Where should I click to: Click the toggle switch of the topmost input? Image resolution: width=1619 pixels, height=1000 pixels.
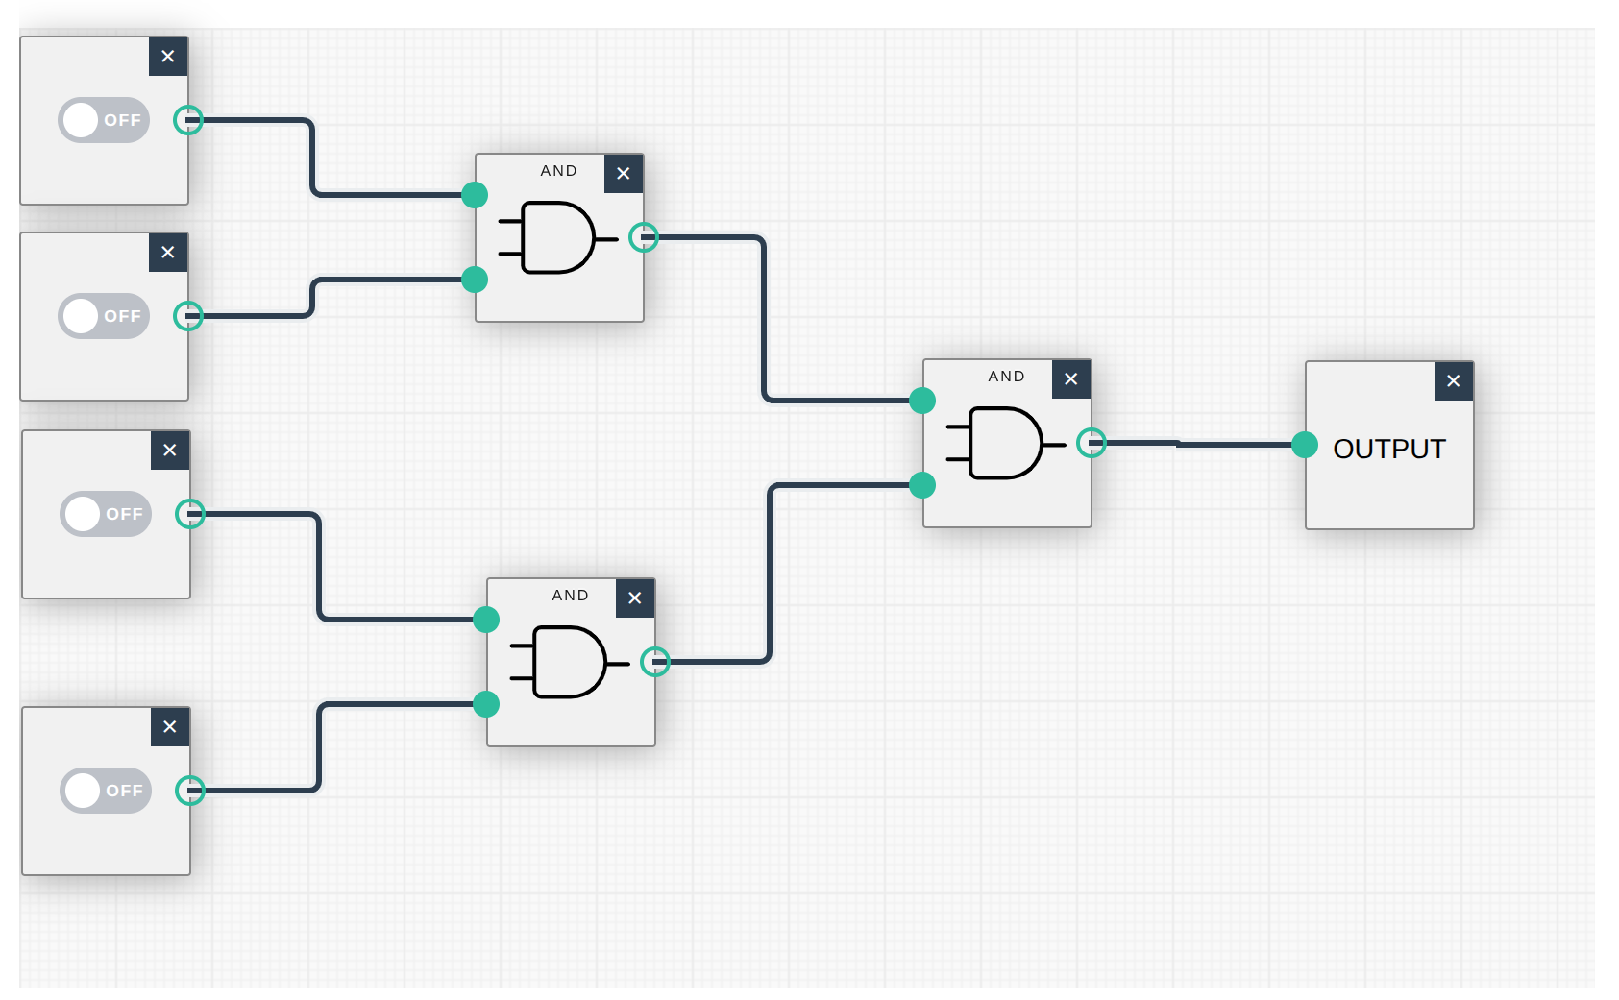[x=104, y=120]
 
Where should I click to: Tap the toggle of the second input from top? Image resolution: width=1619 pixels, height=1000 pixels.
[x=104, y=316]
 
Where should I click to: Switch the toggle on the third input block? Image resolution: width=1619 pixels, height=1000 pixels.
[x=106, y=514]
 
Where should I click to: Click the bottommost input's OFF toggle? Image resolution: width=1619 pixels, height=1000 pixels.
[x=106, y=791]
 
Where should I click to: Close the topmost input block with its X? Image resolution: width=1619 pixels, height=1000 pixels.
[x=168, y=57]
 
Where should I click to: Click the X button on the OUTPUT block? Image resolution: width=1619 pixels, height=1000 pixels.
[x=1454, y=381]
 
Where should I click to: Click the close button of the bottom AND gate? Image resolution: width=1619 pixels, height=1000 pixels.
[x=635, y=598]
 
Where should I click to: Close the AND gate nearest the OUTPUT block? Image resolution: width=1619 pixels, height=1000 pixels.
[x=1071, y=379]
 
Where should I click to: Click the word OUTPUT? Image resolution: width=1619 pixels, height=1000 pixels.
[x=1389, y=449]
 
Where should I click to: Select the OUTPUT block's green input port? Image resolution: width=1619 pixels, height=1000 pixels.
[x=1305, y=445]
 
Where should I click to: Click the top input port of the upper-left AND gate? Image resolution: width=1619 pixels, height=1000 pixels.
[x=475, y=195]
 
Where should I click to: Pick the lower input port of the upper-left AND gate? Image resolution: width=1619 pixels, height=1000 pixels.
[x=475, y=280]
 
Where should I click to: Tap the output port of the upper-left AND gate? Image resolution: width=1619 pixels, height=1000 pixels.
[x=644, y=237]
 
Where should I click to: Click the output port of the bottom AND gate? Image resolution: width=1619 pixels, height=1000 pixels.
[x=655, y=662]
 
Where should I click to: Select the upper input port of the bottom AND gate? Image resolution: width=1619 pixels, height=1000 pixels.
[x=486, y=620]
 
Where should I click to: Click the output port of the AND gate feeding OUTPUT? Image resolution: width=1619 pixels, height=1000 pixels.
[x=1092, y=443]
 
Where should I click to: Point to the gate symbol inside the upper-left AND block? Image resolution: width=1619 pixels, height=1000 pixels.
[x=557, y=237]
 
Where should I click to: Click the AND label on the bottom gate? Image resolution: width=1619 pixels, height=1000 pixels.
[x=570, y=596]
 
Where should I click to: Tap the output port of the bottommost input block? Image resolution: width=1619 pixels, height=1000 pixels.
[x=190, y=791]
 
